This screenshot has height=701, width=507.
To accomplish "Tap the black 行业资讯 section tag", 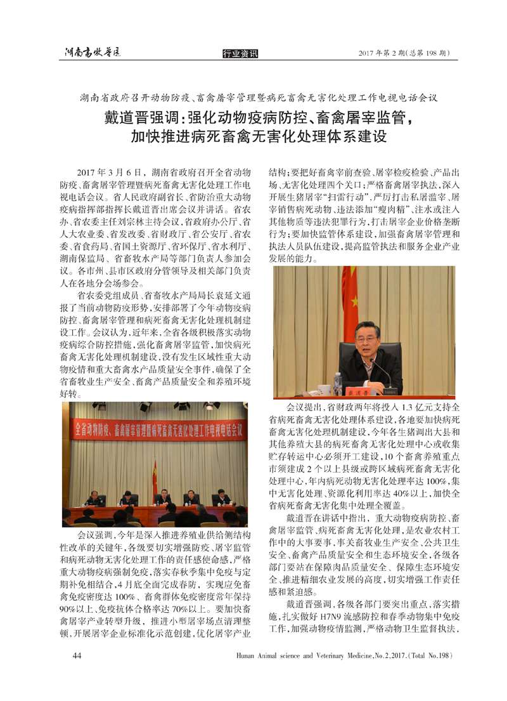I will [x=240, y=54].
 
